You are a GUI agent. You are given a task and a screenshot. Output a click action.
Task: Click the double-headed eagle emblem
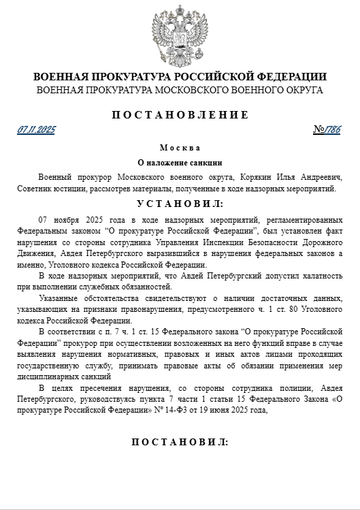tap(180, 34)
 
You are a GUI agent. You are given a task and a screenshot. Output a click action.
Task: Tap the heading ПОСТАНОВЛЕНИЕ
tap(180, 114)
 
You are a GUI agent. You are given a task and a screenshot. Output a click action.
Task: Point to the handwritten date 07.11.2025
tap(37, 129)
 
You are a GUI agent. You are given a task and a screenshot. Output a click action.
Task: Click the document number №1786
tap(327, 129)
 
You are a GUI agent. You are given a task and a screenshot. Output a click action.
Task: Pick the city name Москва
tap(180, 148)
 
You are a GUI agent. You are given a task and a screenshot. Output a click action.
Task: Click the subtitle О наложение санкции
tap(180, 163)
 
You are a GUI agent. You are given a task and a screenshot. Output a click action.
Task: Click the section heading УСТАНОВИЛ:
tap(180, 204)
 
